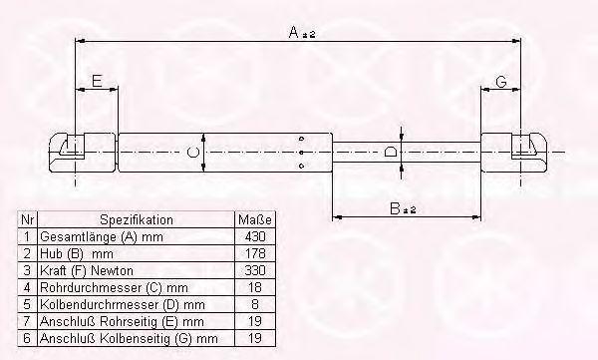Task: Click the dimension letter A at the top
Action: pos(294,32)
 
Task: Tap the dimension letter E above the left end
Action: pos(98,82)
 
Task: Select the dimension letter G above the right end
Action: pos(501,82)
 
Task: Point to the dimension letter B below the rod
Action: pos(395,208)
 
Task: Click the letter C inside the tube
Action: pos(193,153)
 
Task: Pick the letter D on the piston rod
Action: pos(390,152)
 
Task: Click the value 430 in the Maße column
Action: pos(255,236)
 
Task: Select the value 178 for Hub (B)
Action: pos(255,253)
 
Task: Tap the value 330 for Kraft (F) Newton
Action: pos(255,270)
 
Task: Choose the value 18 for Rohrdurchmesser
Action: pos(255,287)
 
